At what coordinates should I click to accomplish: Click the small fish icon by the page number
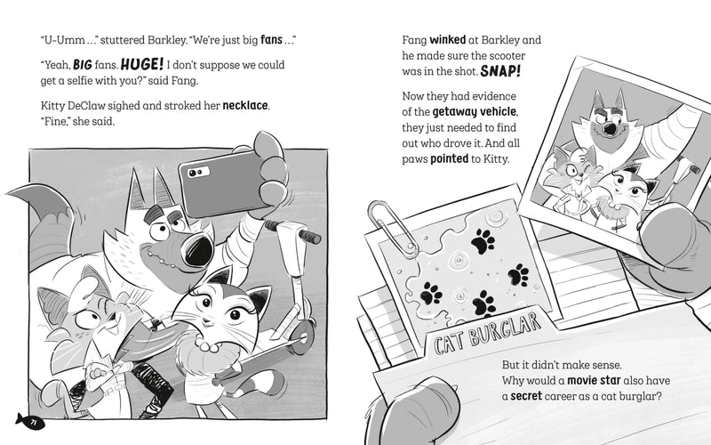[20, 419]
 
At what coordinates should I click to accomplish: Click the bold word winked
[448, 40]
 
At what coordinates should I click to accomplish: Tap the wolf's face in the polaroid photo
[606, 122]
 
